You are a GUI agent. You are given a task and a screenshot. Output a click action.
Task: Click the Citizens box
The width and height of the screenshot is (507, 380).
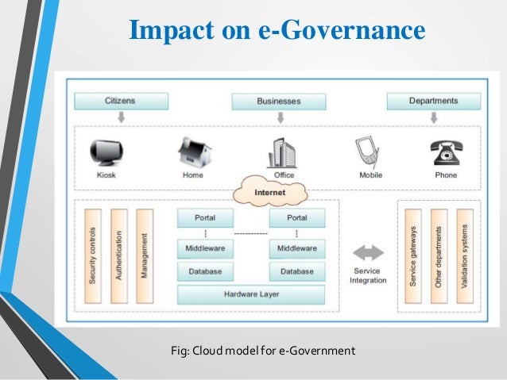pos(121,101)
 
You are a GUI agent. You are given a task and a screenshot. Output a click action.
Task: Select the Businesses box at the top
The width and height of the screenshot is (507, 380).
pos(279,102)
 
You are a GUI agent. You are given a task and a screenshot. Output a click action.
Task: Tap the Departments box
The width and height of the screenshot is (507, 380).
pos(433,101)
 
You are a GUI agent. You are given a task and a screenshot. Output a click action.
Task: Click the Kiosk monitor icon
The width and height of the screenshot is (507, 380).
pos(106,152)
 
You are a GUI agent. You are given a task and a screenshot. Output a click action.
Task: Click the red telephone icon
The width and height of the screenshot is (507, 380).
pos(445,152)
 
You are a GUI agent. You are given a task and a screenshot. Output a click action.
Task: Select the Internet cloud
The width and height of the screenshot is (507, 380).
pos(270,192)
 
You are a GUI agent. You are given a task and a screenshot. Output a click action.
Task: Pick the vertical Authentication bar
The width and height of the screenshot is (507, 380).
pos(119,255)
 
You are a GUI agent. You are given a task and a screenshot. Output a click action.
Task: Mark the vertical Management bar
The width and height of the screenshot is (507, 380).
pos(144,255)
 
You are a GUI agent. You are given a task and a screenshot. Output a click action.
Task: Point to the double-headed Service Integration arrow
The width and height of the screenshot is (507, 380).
pos(368,253)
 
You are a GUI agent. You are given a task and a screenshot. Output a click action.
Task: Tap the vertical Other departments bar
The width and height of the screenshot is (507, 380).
pos(439,255)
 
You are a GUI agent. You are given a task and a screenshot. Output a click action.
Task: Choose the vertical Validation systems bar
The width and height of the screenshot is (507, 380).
pos(465,255)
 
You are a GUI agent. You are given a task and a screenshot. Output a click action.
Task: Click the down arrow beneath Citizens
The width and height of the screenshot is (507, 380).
pos(121,117)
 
